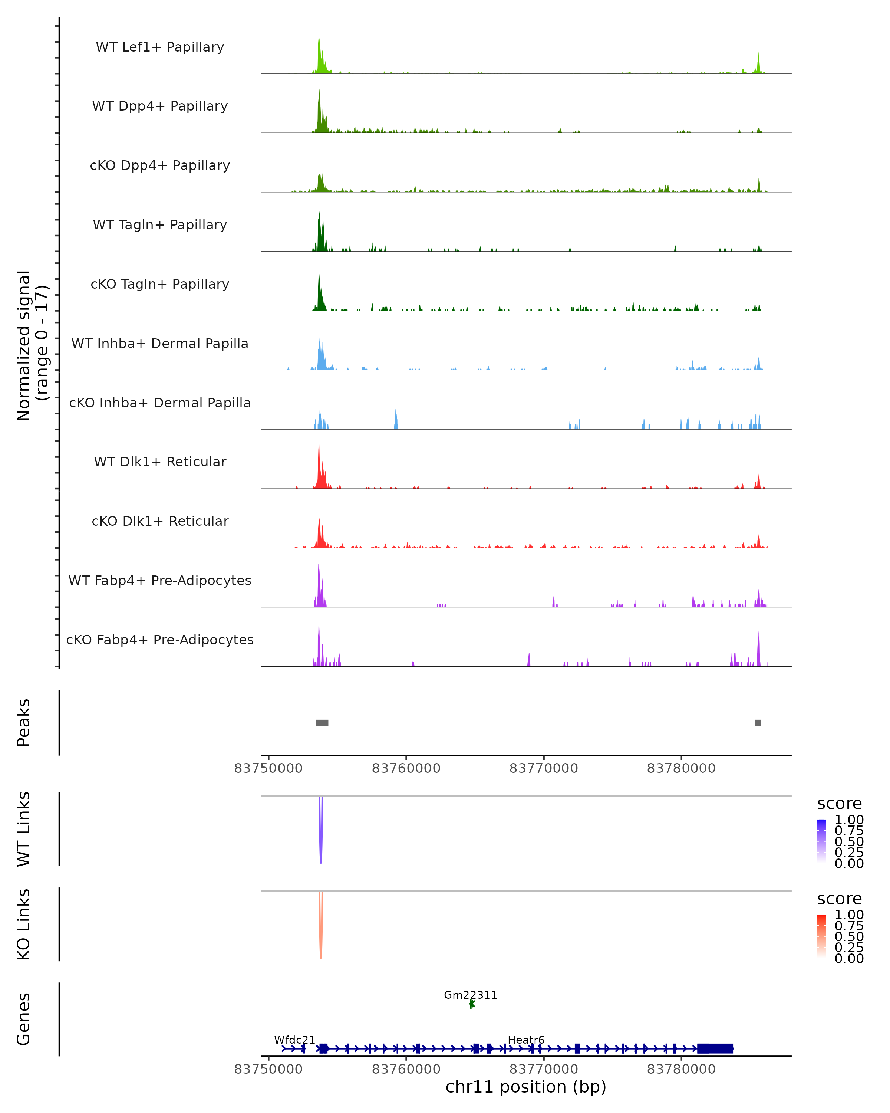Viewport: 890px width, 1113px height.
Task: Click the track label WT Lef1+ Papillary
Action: tap(160, 47)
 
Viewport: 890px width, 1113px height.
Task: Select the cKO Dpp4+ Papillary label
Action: tap(160, 166)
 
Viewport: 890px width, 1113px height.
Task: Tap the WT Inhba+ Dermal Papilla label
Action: tap(160, 344)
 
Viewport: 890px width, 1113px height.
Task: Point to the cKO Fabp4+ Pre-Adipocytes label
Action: tap(160, 640)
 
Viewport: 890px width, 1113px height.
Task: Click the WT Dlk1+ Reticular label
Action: tap(160, 462)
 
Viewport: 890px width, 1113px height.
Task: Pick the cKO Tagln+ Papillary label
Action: tap(160, 285)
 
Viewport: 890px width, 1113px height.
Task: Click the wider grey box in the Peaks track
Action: tap(322, 723)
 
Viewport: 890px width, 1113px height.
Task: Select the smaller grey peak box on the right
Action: tap(758, 723)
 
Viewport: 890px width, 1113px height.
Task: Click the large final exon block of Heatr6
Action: tap(715, 1048)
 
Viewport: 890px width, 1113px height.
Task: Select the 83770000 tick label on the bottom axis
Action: tap(543, 1069)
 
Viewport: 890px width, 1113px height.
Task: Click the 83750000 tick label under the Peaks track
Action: tap(268, 768)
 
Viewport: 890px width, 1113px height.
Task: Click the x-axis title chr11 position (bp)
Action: tap(526, 1087)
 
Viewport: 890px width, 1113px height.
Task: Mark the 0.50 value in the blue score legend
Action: tap(849, 841)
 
